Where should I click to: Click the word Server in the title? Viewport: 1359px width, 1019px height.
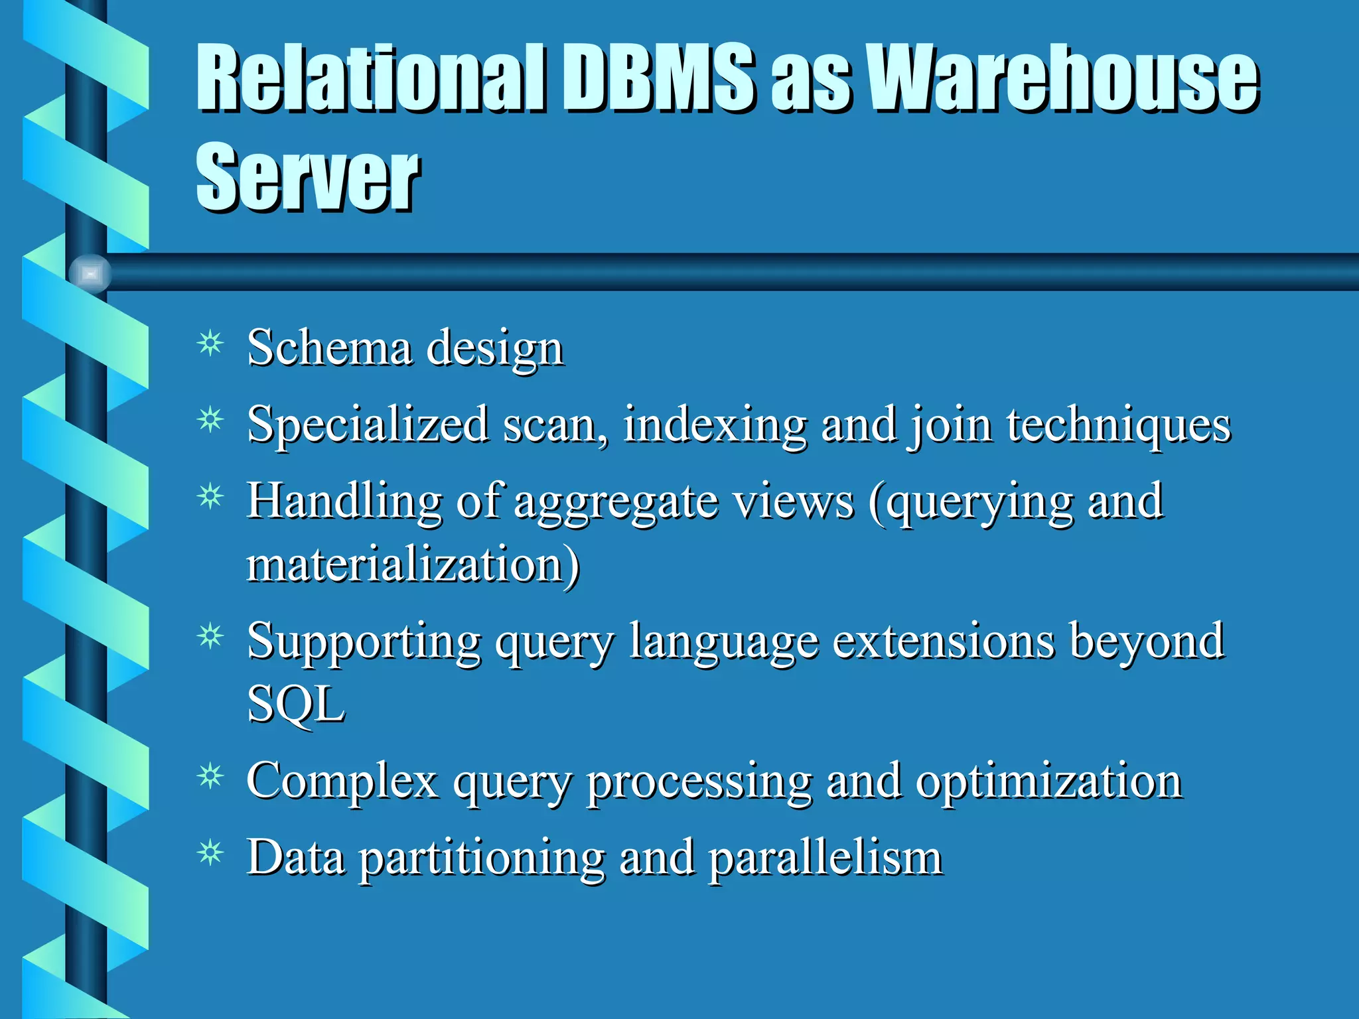pyautogui.click(x=307, y=177)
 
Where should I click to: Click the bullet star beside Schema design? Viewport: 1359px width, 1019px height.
pyautogui.click(x=211, y=344)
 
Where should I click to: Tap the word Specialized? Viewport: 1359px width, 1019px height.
pyautogui.click(x=368, y=425)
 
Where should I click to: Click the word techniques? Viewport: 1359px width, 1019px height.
pyautogui.click(x=1119, y=425)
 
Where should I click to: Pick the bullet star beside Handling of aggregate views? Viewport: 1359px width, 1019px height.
pyautogui.click(x=211, y=496)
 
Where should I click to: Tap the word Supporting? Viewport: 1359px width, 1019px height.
pyautogui.click(x=364, y=642)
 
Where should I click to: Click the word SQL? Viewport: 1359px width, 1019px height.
pyautogui.click(x=296, y=704)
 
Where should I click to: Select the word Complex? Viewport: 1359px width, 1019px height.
pyautogui.click(x=342, y=781)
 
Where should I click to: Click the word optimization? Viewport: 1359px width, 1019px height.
pyautogui.click(x=1049, y=781)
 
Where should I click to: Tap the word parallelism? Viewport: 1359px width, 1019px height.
pyautogui.click(x=826, y=858)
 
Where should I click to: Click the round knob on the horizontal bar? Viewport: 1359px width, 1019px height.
pyautogui.click(x=90, y=273)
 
